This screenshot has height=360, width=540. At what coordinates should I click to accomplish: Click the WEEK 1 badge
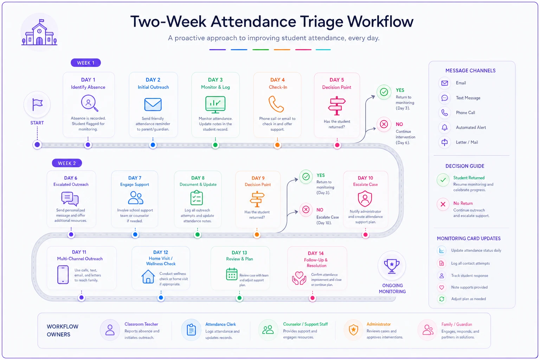[x=85, y=63]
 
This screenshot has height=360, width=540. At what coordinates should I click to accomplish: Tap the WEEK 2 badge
[x=67, y=163]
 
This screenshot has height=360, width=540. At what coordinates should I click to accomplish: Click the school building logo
[x=39, y=32]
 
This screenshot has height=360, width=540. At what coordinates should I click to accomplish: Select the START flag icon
[x=37, y=105]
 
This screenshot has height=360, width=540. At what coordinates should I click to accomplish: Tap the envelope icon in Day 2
[x=153, y=104]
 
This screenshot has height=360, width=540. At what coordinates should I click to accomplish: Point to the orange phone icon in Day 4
[x=276, y=104]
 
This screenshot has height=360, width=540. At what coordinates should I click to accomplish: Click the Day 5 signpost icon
[x=337, y=105]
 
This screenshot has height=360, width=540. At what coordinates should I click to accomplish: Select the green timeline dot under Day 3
[x=215, y=145]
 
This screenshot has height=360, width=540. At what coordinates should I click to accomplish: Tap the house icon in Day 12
[x=148, y=276]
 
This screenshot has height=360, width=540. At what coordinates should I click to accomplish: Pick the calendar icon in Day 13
[x=232, y=274]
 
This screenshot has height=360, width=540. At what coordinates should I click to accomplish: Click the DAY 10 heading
[x=365, y=178]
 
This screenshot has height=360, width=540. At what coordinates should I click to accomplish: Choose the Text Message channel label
[x=468, y=98]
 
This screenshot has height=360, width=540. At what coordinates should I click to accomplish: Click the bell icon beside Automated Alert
[x=444, y=127]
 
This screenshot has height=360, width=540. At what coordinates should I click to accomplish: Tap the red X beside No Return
[x=443, y=204]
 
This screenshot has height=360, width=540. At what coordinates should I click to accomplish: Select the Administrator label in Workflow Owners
[x=379, y=324]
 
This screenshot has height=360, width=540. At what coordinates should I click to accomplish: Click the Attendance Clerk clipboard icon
[x=191, y=330]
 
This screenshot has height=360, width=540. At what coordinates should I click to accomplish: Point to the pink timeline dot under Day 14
[x=313, y=298]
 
